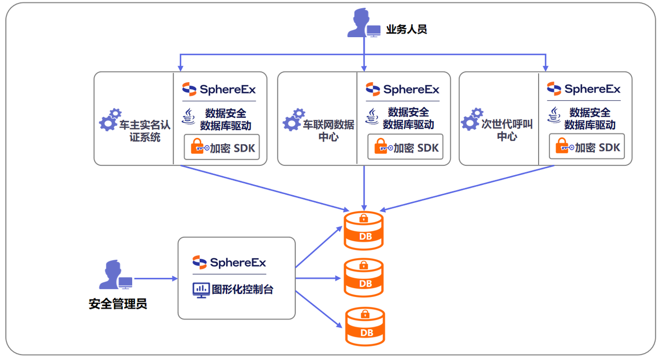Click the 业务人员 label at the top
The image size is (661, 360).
pyautogui.click(x=406, y=29)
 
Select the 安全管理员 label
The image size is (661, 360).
pyautogui.click(x=118, y=304)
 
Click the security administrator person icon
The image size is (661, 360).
pyautogui.click(x=114, y=276)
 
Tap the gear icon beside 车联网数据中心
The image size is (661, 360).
pyautogui.click(x=293, y=120)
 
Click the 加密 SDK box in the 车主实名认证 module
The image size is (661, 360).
pyautogui.click(x=222, y=147)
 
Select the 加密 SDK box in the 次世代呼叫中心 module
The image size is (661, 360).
pyautogui.click(x=587, y=147)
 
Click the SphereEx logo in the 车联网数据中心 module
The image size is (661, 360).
pyautogui.click(x=402, y=89)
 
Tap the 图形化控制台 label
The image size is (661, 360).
pyautogui.click(x=242, y=289)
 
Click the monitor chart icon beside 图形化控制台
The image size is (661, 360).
pyautogui.click(x=200, y=290)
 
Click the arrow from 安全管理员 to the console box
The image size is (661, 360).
pyautogui.click(x=155, y=279)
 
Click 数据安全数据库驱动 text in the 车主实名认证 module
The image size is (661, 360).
pyautogui.click(x=226, y=119)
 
